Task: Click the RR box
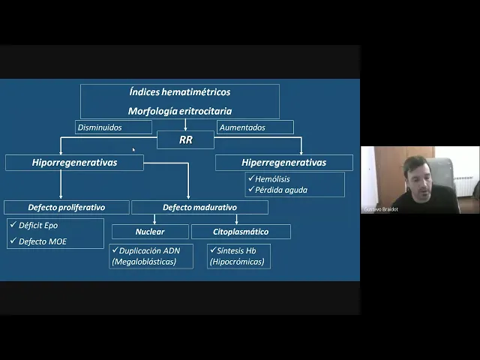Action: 185,139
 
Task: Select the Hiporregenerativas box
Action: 74,162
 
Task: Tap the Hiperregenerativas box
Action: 283,162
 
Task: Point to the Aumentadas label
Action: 242,127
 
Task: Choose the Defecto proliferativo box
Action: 67,207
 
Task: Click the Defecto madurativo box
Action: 199,207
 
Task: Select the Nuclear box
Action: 149,232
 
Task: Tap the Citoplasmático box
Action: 240,232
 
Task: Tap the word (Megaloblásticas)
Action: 144,262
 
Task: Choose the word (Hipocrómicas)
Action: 238,262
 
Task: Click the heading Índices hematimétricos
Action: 179,92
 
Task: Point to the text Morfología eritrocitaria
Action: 179,111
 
